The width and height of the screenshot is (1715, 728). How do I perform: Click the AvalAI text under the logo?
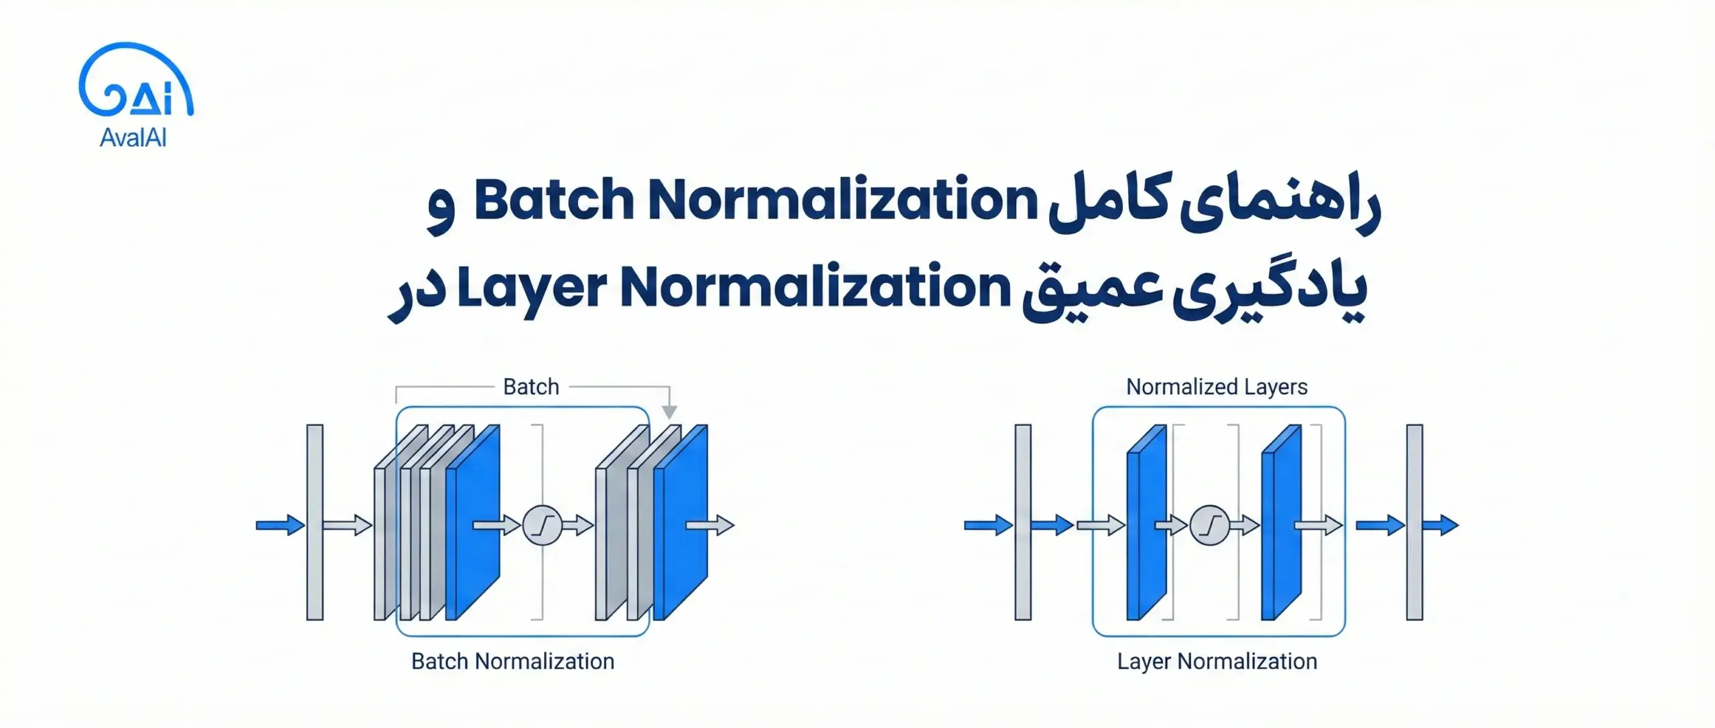coord(133,138)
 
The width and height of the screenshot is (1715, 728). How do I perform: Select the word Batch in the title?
coord(553,200)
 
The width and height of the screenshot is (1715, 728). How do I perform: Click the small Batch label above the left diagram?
coord(531,387)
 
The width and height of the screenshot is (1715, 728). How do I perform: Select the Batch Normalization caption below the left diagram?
coord(512,661)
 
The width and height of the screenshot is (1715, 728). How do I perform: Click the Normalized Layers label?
coord(1217,387)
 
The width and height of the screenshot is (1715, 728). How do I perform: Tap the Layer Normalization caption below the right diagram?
coord(1217,661)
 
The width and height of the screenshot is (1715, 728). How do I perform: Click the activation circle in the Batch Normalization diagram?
coord(541,524)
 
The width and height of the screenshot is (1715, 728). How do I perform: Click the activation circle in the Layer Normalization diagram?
coord(1209,524)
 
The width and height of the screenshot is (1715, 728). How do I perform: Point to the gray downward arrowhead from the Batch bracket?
coord(669,412)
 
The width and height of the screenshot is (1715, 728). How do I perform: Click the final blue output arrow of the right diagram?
coord(1441,524)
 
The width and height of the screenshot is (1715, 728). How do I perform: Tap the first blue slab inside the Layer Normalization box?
coord(1146,523)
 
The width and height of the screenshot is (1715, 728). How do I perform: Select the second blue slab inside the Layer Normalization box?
coord(1280,523)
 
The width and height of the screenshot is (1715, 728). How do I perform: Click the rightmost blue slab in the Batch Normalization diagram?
coord(680,523)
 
